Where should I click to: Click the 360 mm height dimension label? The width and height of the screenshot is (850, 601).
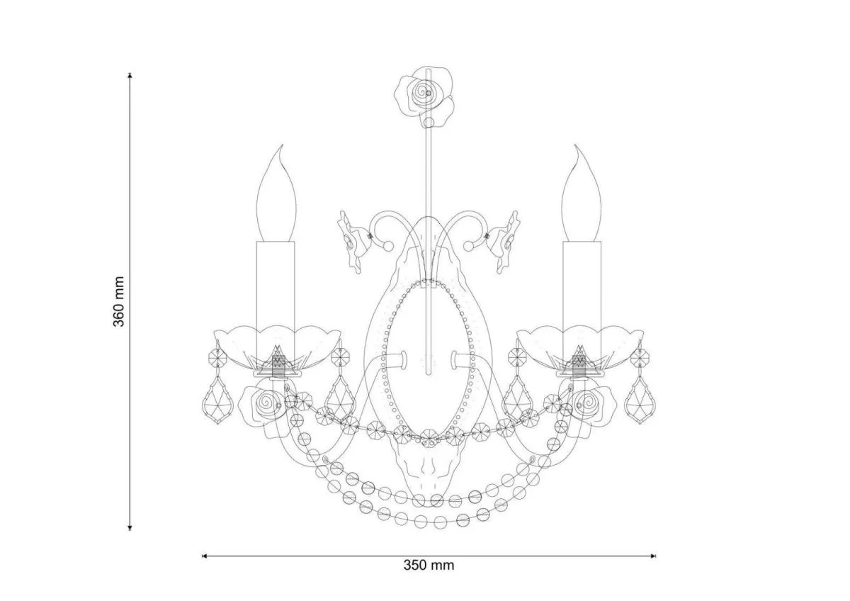coord(119,301)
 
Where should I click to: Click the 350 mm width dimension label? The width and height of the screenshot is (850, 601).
coord(429,566)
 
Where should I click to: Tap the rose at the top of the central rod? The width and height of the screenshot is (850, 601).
coord(424,96)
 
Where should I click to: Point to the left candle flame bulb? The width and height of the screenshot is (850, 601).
coord(276,193)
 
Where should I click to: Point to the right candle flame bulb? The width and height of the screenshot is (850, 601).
coord(582,193)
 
